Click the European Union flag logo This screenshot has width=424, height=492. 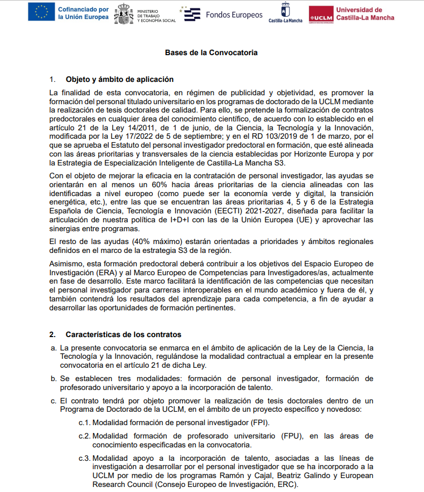tap(41, 12)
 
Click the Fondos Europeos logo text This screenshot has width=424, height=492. tap(234, 15)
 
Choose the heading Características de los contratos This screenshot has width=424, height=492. tap(123, 334)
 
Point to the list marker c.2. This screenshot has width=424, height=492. tap(84, 436)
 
